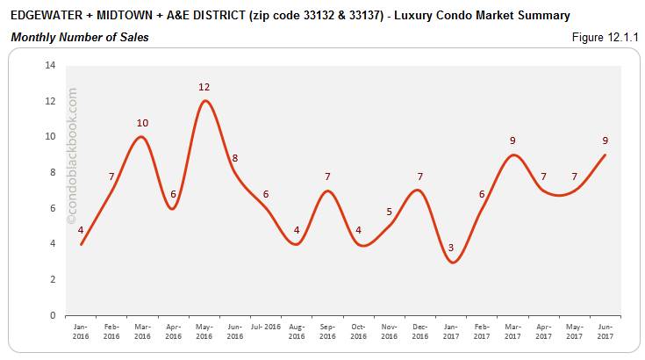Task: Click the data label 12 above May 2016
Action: (x=204, y=87)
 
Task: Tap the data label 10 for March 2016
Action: (x=141, y=123)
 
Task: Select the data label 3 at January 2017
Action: (x=451, y=248)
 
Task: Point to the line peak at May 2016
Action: (x=204, y=101)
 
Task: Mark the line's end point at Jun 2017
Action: (x=606, y=155)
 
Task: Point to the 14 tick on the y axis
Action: (x=50, y=66)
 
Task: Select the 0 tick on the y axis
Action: (x=53, y=315)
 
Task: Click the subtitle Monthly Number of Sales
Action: (x=79, y=37)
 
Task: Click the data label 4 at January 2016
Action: (x=81, y=231)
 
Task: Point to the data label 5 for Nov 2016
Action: (x=389, y=212)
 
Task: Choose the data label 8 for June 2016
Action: (x=234, y=159)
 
